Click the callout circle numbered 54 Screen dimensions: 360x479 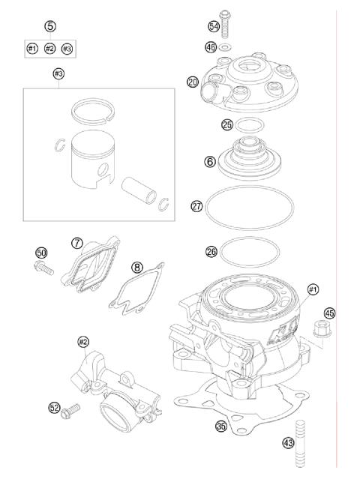(214, 26)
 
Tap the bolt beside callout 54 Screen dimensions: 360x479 (224, 25)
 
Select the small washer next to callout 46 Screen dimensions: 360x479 (226, 47)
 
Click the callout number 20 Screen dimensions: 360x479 (193, 82)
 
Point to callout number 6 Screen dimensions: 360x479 (210, 161)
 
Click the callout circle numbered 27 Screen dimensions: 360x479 (196, 206)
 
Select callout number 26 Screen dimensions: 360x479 (211, 252)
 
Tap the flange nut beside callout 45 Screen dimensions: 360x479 (322, 331)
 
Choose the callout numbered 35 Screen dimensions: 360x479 (221, 426)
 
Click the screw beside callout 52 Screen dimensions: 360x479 (70, 411)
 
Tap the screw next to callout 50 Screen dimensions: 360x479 (43, 268)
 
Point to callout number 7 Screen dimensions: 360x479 (77, 244)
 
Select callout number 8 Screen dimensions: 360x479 (137, 268)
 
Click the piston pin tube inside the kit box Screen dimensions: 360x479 (139, 191)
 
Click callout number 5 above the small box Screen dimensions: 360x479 (50, 26)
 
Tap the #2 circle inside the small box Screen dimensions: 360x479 (49, 48)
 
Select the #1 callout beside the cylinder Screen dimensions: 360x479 (312, 289)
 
